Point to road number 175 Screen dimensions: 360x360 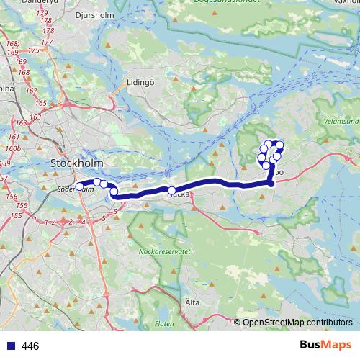pos(35,50)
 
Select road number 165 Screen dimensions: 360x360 pos(40,104)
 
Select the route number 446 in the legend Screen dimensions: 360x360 pos(30,346)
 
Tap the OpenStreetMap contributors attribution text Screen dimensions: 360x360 pos(297,323)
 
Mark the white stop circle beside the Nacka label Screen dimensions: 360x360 pos(172,191)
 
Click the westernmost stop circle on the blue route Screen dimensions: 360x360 pos(80,186)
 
